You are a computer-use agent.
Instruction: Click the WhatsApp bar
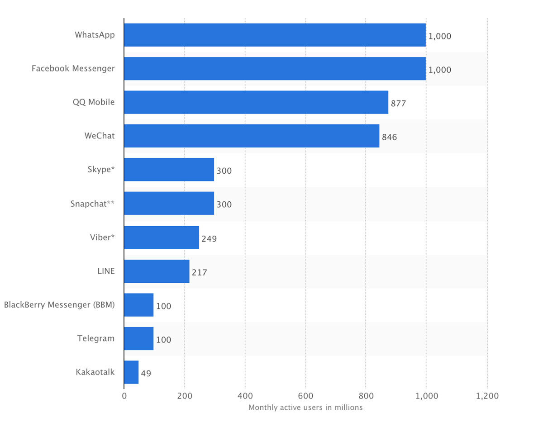[275, 35]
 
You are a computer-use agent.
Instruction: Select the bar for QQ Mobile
[256, 102]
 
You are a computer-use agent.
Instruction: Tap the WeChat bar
[252, 136]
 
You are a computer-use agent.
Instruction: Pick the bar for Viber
[162, 237]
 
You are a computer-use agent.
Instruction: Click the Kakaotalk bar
[131, 372]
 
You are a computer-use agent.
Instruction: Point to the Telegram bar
[139, 338]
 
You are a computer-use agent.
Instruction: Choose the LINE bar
[157, 271]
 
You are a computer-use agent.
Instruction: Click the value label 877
[399, 104]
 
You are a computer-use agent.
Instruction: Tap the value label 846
[390, 137]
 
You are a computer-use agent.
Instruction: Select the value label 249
[210, 238]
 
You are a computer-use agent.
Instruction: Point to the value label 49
[146, 374]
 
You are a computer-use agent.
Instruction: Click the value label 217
[200, 272]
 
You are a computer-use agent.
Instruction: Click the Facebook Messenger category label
[73, 69]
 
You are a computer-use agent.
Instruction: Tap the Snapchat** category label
[92, 204]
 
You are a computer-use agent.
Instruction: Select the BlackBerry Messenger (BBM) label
[59, 305]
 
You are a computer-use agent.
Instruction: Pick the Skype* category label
[101, 170]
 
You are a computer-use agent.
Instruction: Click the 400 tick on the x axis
[245, 396]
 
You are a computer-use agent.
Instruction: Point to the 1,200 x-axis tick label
[487, 396]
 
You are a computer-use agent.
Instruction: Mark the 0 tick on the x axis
[124, 396]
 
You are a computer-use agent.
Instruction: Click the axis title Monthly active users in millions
[305, 408]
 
